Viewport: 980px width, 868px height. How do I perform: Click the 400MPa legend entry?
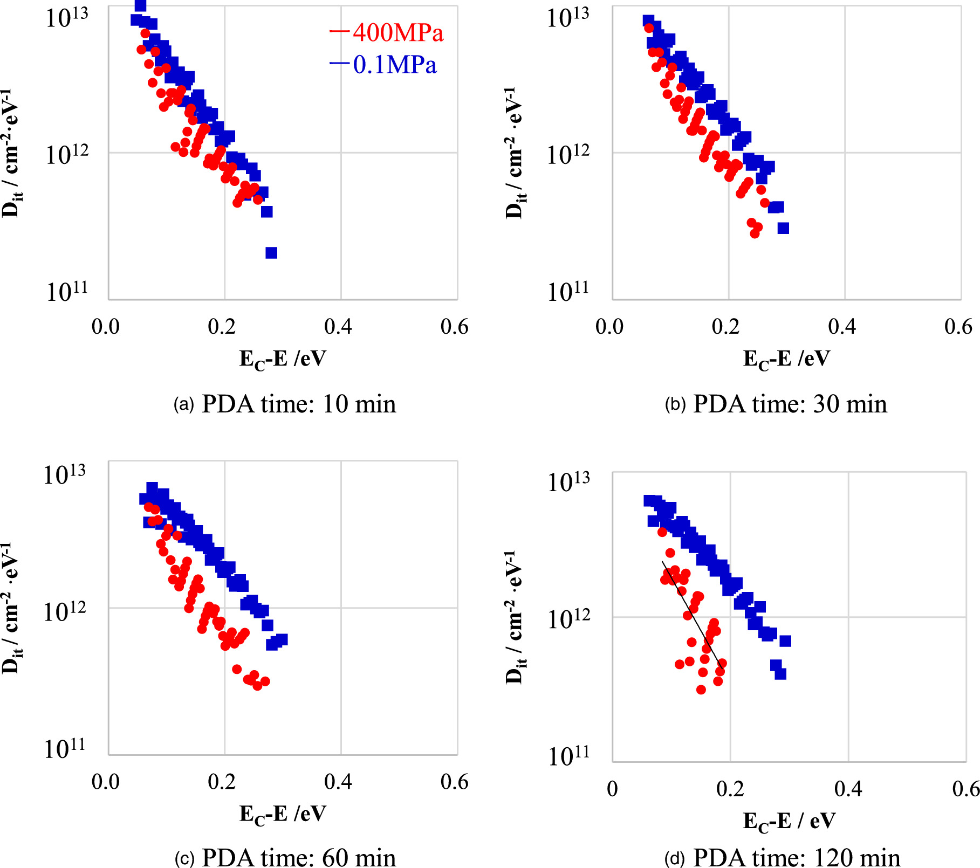(x=387, y=33)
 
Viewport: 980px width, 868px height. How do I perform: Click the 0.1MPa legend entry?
(x=383, y=65)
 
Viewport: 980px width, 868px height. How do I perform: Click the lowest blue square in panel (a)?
(x=271, y=253)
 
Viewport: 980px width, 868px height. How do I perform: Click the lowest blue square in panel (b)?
(x=783, y=228)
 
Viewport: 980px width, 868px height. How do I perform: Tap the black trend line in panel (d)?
(x=691, y=615)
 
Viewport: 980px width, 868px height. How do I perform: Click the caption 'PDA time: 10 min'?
(x=298, y=404)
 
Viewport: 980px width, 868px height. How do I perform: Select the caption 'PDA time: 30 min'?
(x=789, y=404)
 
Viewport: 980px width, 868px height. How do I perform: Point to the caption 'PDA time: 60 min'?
(x=298, y=857)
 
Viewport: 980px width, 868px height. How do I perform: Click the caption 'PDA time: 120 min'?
(x=796, y=857)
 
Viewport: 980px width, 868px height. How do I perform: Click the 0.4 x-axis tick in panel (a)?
(x=338, y=327)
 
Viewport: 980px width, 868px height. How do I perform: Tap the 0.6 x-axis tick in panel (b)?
(x=958, y=327)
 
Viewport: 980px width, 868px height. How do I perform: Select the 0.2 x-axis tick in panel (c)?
(x=222, y=782)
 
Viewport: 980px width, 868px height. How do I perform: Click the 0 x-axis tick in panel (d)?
(x=612, y=789)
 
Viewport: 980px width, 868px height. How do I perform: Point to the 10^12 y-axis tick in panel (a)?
(x=67, y=155)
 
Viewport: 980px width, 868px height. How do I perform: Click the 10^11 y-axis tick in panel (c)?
(x=65, y=748)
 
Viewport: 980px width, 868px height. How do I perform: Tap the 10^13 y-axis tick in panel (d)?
(x=568, y=481)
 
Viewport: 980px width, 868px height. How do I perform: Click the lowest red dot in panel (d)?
(x=701, y=690)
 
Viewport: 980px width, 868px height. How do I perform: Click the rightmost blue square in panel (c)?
(x=282, y=639)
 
